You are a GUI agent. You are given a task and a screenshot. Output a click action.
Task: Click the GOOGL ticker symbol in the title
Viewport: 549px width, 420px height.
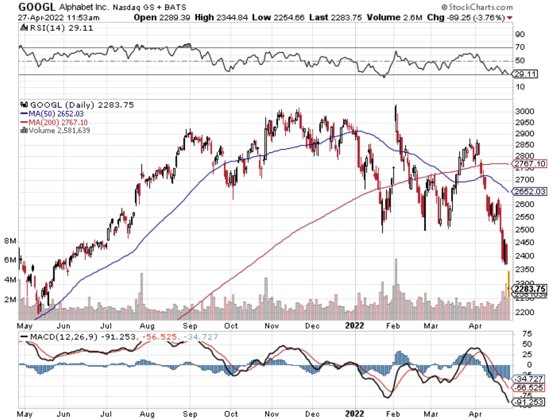point(37,7)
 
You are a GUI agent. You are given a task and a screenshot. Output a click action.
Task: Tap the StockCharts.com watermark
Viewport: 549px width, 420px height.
point(478,7)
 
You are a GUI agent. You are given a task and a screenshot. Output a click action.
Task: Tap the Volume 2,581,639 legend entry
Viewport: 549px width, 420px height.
point(59,130)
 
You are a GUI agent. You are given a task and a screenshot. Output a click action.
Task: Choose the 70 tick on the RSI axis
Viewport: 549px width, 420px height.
point(520,47)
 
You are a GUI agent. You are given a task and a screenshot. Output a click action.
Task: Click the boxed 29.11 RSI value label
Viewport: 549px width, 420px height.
point(524,74)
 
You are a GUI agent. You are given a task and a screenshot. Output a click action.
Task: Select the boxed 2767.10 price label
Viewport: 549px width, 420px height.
point(529,164)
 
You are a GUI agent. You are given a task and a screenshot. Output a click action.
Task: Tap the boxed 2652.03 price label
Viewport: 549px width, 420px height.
point(529,191)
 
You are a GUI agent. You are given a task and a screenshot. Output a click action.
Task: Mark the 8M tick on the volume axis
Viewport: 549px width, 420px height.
point(10,241)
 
